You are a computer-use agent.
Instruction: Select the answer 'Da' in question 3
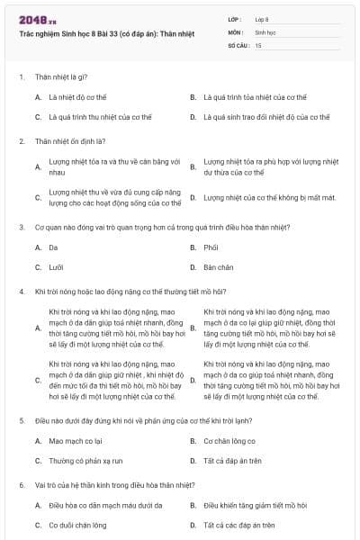[x=54, y=247]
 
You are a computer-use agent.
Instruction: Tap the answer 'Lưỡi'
[x=56, y=267]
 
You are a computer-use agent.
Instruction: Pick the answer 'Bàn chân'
[x=219, y=267]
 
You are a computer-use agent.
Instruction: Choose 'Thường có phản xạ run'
[x=85, y=461]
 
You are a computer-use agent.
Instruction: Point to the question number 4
[x=21, y=292]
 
